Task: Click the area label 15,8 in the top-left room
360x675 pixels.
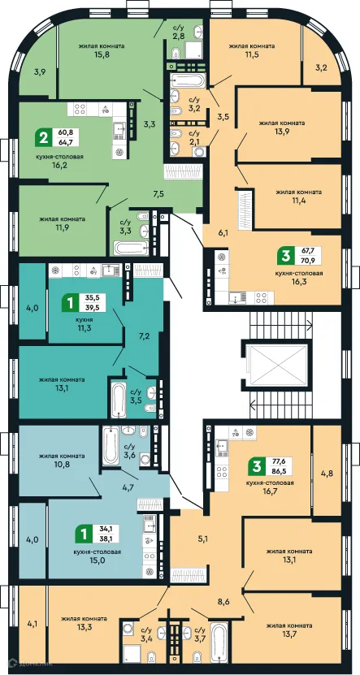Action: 97,54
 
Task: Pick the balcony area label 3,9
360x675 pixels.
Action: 40,72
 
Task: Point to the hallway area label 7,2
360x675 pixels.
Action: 145,313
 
